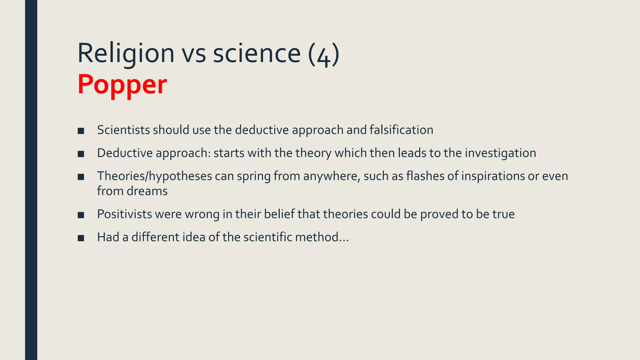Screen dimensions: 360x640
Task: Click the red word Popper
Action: (x=122, y=84)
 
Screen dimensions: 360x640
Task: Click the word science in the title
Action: (x=257, y=53)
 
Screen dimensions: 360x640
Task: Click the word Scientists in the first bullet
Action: (x=124, y=130)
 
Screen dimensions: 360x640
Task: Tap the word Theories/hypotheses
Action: (x=154, y=176)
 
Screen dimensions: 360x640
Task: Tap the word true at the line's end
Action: (x=503, y=214)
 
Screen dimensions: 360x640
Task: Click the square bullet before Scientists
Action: (x=81, y=131)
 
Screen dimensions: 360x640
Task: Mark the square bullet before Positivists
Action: (x=81, y=215)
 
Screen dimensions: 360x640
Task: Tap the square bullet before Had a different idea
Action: (x=81, y=238)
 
